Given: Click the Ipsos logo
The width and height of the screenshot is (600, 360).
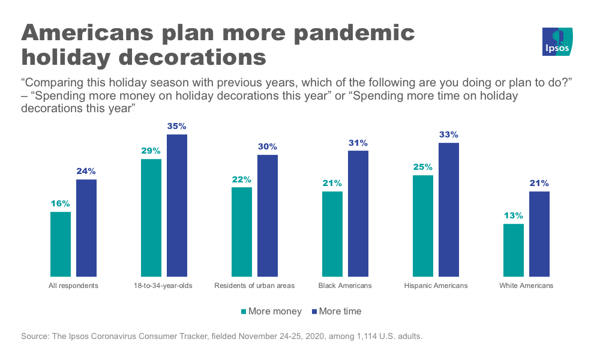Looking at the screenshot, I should click(x=557, y=42).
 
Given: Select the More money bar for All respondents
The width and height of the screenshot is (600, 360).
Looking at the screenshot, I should click(x=61, y=244).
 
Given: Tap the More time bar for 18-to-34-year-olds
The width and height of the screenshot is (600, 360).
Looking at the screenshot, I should click(x=177, y=205).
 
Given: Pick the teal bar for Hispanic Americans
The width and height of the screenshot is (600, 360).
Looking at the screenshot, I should click(x=423, y=225).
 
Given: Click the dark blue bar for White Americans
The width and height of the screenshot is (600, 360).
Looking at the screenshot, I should click(x=539, y=233).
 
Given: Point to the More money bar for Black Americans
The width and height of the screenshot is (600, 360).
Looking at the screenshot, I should click(x=332, y=233).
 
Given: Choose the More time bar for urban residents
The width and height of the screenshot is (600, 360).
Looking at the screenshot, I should click(x=268, y=215).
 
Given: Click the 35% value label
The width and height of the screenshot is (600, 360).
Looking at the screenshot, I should click(x=177, y=127).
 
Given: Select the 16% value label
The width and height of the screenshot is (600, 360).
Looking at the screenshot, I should click(x=61, y=204).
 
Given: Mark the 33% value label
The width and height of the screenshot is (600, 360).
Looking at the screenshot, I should click(x=449, y=135).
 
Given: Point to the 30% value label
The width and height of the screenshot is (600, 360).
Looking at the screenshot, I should click(x=268, y=147).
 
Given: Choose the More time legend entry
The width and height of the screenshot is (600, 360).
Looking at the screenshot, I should click(x=336, y=311).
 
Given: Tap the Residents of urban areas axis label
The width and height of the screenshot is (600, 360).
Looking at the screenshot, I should click(x=254, y=286).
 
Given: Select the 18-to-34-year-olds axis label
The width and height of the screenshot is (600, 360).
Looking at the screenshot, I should click(x=164, y=286).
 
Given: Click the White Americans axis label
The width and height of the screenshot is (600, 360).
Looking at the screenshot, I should click(x=526, y=286).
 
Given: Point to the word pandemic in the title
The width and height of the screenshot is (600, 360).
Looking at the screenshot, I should click(x=353, y=33).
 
